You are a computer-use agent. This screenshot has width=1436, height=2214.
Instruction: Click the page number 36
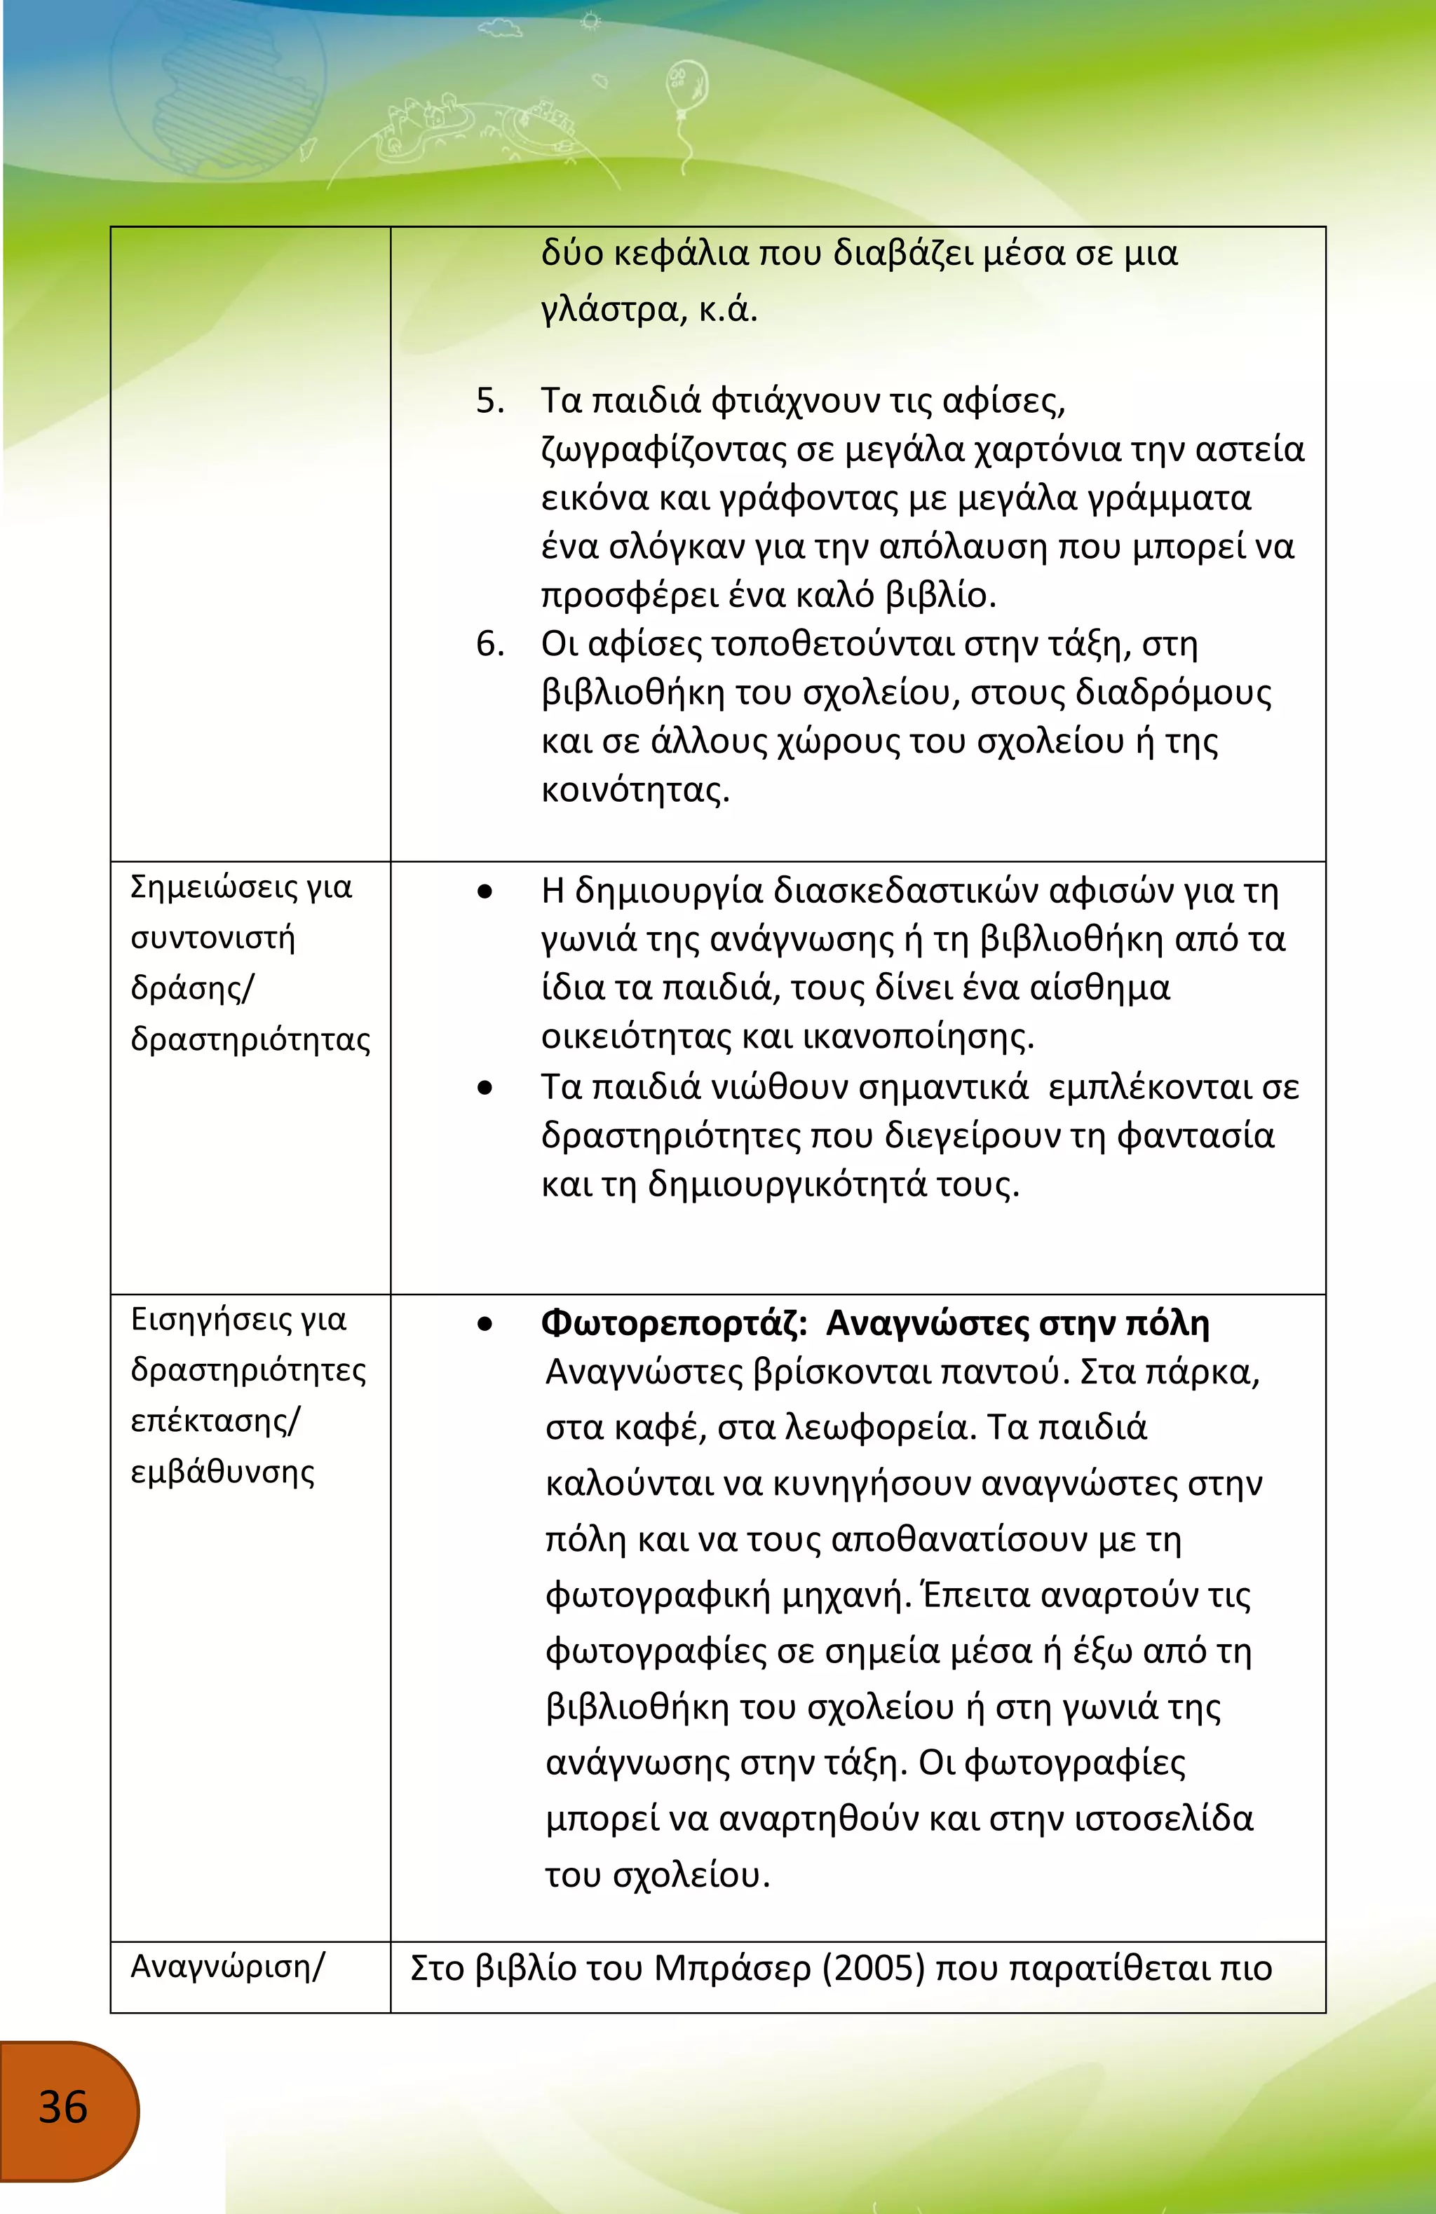click(62, 2107)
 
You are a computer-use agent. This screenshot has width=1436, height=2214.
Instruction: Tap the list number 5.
click(489, 402)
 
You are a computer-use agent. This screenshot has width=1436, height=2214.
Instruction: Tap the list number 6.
click(489, 643)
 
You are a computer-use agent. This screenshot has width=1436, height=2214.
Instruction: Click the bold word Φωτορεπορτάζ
click(674, 1323)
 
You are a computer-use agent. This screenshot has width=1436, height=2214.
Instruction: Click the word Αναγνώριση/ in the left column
click(227, 1967)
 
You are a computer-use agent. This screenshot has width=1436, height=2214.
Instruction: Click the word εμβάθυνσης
click(222, 1472)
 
